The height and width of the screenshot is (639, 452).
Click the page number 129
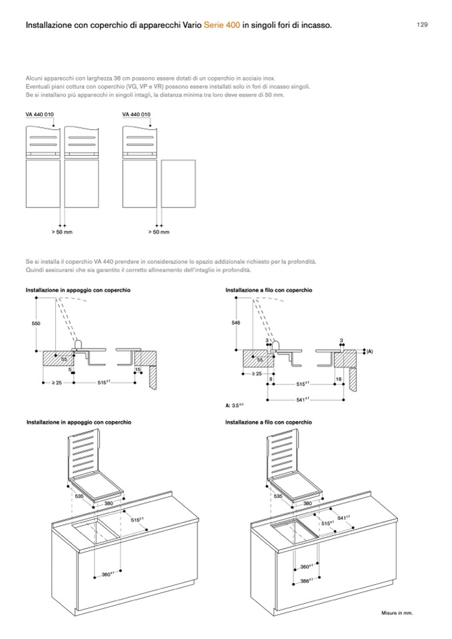[422, 25]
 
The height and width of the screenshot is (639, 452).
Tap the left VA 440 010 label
[40, 114]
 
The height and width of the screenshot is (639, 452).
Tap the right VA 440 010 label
[136, 114]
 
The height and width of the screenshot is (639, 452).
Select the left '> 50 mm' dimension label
[62, 232]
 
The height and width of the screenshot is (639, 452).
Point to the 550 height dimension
[36, 322]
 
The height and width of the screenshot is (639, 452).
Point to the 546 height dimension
[235, 322]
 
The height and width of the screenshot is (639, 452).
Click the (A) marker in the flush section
[369, 350]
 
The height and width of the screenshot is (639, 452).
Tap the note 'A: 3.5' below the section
[234, 404]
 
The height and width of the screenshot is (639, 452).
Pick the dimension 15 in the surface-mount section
[137, 369]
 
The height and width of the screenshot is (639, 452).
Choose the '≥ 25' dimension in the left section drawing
[57, 382]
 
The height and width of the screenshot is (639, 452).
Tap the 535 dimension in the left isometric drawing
[79, 496]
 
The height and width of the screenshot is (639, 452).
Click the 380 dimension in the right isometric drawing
[307, 504]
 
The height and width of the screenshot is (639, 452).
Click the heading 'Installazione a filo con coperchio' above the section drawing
[269, 291]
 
